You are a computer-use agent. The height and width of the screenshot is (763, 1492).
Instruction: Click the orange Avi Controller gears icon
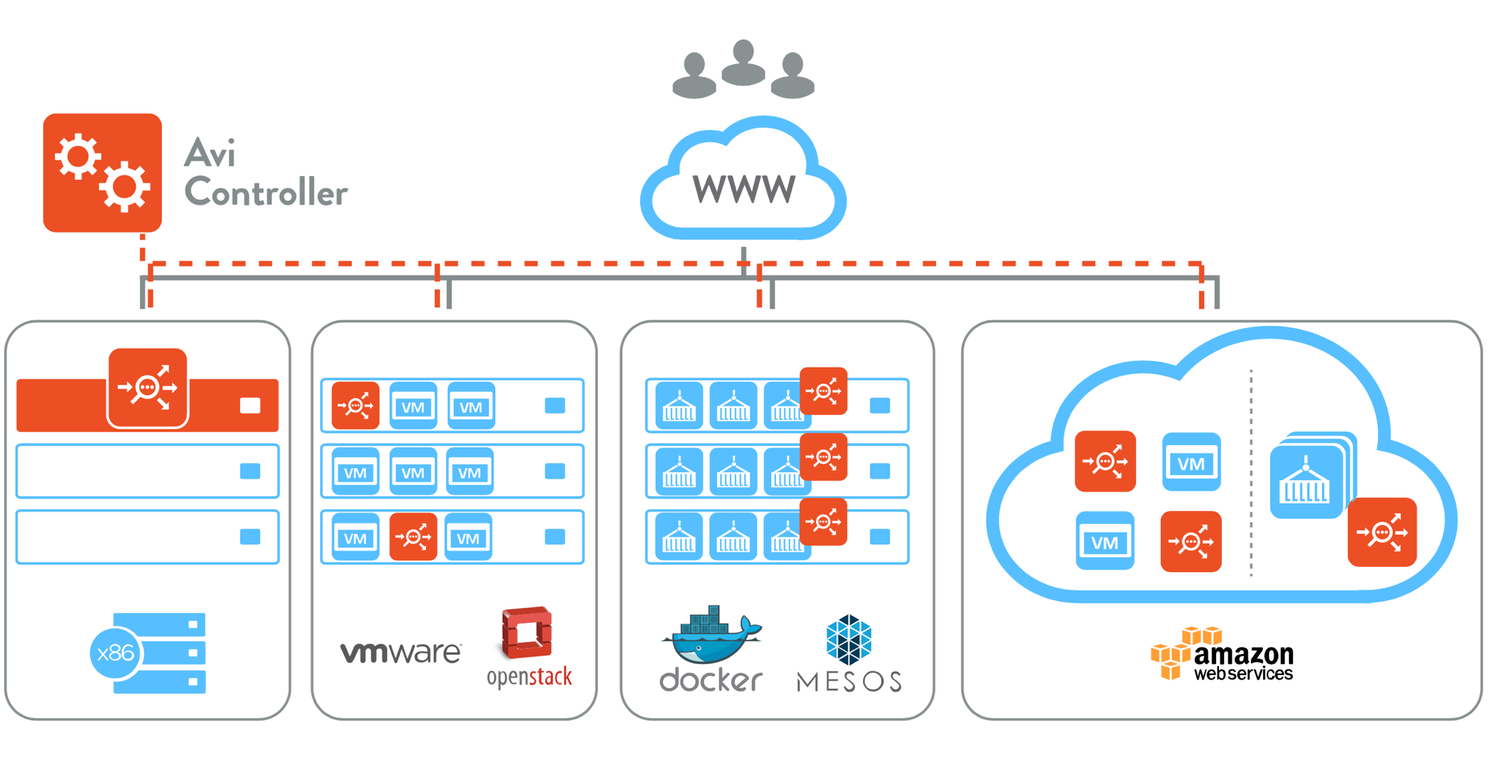pyautogui.click(x=102, y=172)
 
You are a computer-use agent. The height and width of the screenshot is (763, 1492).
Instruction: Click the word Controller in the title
pyautogui.click(x=266, y=192)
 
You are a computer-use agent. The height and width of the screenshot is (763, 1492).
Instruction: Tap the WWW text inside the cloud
pyautogui.click(x=744, y=189)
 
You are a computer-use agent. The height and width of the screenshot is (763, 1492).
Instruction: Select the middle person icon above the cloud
pyautogui.click(x=743, y=63)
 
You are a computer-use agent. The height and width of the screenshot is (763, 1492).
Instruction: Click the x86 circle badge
pyautogui.click(x=115, y=653)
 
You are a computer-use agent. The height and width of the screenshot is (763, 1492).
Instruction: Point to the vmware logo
pyautogui.click(x=401, y=653)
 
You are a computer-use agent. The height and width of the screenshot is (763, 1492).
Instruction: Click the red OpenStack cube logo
pyautogui.click(x=527, y=632)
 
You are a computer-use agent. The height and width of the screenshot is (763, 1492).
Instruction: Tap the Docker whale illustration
pyautogui.click(x=711, y=635)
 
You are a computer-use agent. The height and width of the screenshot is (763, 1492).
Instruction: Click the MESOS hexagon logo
pyautogui.click(x=849, y=639)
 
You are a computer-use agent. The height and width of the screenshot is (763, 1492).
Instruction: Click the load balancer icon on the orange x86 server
pyautogui.click(x=148, y=388)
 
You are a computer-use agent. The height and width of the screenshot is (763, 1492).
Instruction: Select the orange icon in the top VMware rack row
pyautogui.click(x=356, y=406)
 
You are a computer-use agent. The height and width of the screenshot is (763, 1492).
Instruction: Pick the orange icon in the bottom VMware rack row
pyautogui.click(x=413, y=536)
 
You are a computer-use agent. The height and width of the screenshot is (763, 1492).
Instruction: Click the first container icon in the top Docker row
pyautogui.click(x=679, y=406)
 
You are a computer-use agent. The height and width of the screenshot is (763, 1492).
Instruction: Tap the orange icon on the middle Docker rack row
pyautogui.click(x=824, y=456)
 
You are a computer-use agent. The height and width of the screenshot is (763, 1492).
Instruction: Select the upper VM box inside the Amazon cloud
pyautogui.click(x=1191, y=462)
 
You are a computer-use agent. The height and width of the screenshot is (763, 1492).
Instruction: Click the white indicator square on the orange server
pyautogui.click(x=250, y=406)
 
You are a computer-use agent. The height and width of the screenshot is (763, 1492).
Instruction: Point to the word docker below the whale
pyautogui.click(x=711, y=679)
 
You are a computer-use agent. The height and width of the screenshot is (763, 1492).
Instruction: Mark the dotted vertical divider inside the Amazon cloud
pyautogui.click(x=1251, y=473)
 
